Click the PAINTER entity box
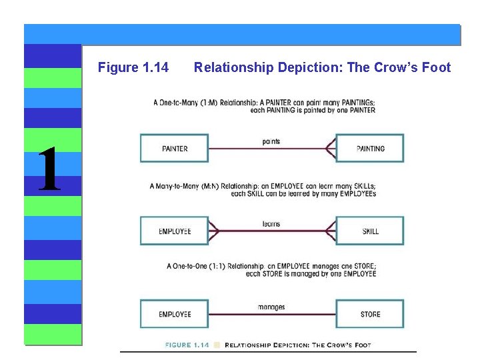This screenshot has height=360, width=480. (174, 148)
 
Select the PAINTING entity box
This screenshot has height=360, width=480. (369, 148)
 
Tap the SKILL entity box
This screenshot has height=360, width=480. (369, 231)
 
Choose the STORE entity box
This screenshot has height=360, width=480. (369, 314)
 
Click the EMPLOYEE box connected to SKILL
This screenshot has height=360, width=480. (174, 231)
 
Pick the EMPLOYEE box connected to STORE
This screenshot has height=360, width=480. (174, 314)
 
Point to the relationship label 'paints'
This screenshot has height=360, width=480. (271, 141)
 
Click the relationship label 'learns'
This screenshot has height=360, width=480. (271, 224)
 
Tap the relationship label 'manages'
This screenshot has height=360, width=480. (271, 307)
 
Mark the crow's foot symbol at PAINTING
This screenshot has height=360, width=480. (329, 148)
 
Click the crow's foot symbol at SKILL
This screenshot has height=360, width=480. (329, 231)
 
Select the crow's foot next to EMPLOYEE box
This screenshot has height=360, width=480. (214, 231)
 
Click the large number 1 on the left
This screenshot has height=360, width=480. (50, 170)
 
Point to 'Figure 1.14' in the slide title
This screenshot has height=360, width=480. (133, 67)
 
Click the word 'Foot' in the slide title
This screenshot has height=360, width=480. (437, 67)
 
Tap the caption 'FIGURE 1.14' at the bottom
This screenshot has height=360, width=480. (187, 345)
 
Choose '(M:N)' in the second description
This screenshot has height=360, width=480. (206, 186)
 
